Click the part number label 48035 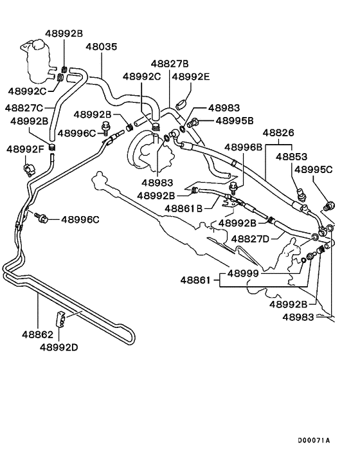click(102, 47)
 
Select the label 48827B click(170, 64)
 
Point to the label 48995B click(234, 120)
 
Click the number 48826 click(282, 132)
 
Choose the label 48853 click(291, 156)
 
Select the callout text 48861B click(183, 208)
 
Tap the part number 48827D click(251, 239)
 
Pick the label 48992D click(59, 347)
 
